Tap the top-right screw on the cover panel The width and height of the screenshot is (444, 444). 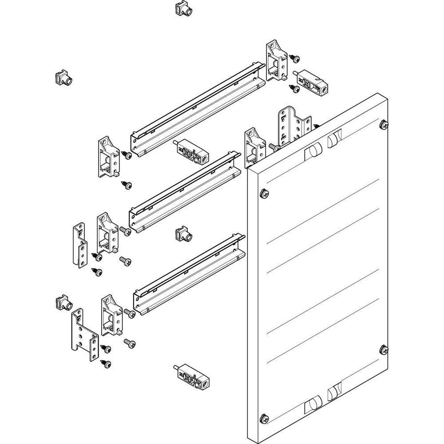pos(383,125)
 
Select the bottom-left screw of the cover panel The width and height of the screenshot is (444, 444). pos(263,417)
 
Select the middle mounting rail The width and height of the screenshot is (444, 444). pos(186,191)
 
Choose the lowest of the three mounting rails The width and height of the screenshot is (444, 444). pos(190,275)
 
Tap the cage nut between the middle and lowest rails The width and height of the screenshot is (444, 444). pos(182,234)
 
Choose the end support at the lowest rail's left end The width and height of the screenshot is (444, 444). pos(111,315)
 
